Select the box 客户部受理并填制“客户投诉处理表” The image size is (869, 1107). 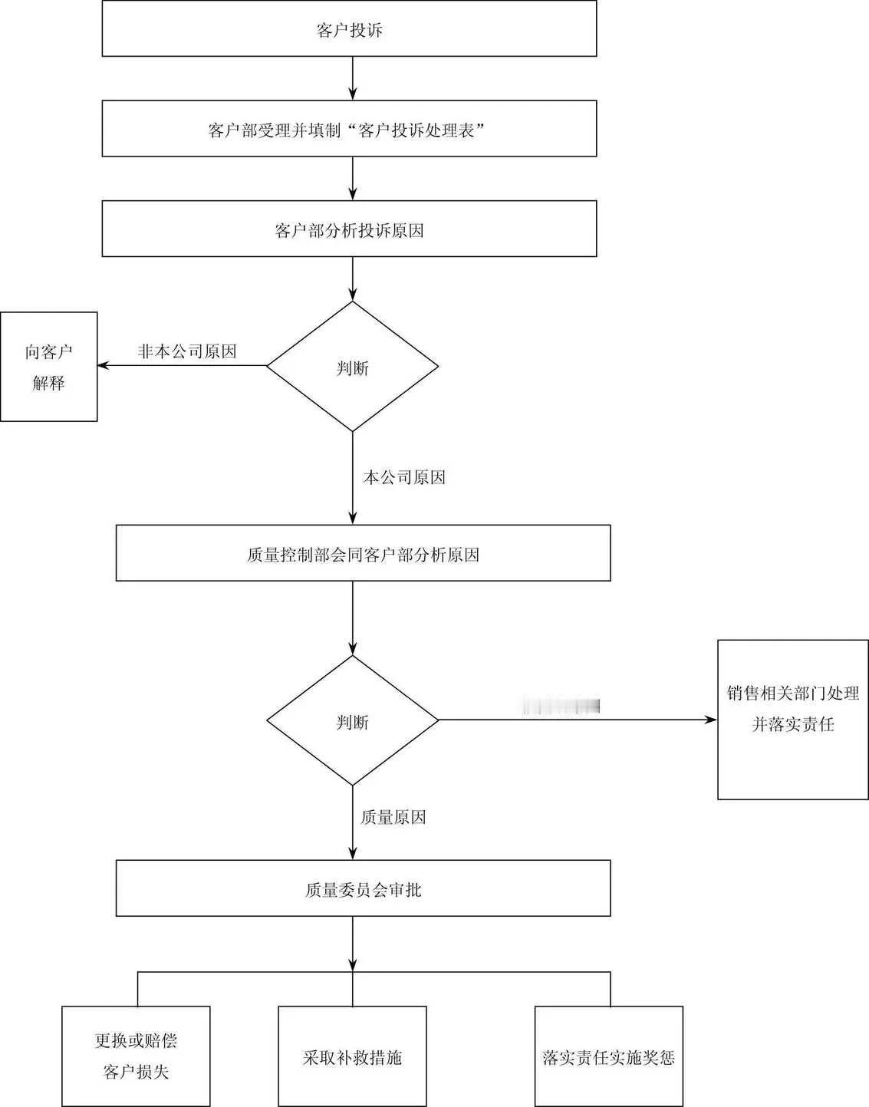(349, 129)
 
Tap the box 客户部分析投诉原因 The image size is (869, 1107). (349, 229)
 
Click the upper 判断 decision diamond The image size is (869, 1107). (352, 367)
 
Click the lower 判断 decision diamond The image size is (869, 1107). (352, 720)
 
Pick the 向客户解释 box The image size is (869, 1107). (48, 367)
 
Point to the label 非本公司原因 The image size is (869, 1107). (187, 352)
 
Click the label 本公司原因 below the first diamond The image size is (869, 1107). (404, 477)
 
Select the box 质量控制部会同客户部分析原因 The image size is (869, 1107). (363, 553)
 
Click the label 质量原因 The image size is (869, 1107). (393, 817)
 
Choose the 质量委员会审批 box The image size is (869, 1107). (363, 888)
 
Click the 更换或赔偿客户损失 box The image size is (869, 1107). (136, 1056)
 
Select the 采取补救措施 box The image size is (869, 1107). (352, 1056)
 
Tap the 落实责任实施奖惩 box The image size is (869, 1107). (608, 1056)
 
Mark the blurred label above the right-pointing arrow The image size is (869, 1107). (561, 707)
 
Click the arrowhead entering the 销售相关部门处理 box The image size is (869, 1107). (712, 720)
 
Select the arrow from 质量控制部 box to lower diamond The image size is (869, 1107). (353, 618)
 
